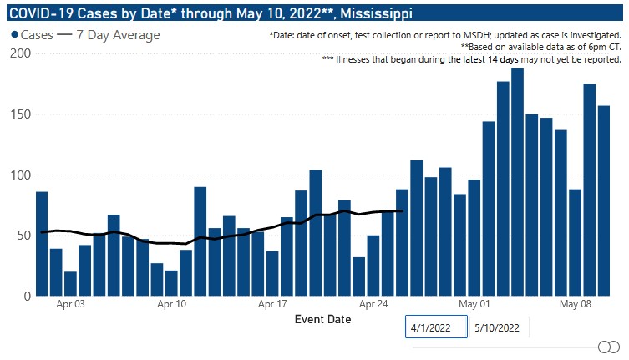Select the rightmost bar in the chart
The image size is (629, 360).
pos(603,200)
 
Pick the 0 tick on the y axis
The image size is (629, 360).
pos(27,297)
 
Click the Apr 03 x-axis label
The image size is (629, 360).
pos(70,306)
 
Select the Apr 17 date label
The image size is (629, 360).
pos(272,306)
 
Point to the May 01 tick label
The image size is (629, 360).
pos(474,306)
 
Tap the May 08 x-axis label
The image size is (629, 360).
pos(576,306)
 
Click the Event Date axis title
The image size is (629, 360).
pos(322,319)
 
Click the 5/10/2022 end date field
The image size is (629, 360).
pos(499,327)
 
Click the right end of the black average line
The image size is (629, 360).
pos(403,210)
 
